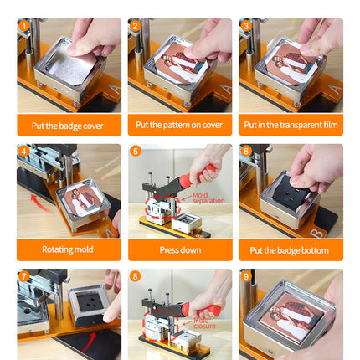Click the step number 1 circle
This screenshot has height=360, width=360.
(24, 26)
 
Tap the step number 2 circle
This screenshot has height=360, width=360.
(136, 26)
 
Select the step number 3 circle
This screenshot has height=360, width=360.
(246, 26)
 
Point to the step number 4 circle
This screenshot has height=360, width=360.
(24, 152)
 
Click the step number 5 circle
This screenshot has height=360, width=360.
(136, 152)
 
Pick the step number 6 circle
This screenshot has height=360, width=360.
(246, 152)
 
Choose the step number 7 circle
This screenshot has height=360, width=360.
(24, 276)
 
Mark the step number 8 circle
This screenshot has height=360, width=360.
(136, 276)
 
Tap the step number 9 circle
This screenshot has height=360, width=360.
(246, 276)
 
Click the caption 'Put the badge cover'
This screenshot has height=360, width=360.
(69, 125)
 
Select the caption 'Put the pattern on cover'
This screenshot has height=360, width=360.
(180, 125)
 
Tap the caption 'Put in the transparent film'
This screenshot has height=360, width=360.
(291, 125)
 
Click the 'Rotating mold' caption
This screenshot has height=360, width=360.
(69, 249)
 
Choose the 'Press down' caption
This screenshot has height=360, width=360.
(180, 249)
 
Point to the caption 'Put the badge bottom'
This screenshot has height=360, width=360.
(291, 249)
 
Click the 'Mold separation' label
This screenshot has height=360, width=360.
(208, 198)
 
